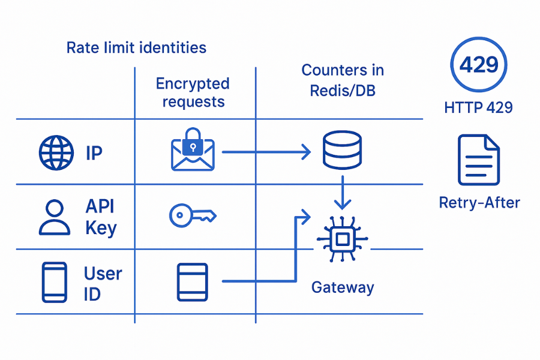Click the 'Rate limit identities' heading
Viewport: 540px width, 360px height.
point(136,47)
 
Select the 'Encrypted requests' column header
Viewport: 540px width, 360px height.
point(193,92)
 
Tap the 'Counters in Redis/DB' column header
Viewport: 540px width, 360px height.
point(343,80)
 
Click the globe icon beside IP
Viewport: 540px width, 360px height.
point(56,152)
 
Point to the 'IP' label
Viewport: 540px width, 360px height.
point(94,152)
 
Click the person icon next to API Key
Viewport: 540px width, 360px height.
point(54,217)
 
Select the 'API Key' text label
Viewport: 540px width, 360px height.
point(101,217)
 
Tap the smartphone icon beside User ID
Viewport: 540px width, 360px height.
point(55,281)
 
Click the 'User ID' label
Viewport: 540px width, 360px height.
point(103,283)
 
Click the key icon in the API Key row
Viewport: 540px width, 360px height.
point(192,215)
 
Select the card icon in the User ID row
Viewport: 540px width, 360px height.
point(192,281)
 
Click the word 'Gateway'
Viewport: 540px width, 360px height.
point(343,287)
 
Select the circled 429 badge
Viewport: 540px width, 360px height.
point(478,64)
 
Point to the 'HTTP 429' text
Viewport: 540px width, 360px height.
point(478,108)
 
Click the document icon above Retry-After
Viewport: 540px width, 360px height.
point(478,160)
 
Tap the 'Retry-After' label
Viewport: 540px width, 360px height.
point(479,202)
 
